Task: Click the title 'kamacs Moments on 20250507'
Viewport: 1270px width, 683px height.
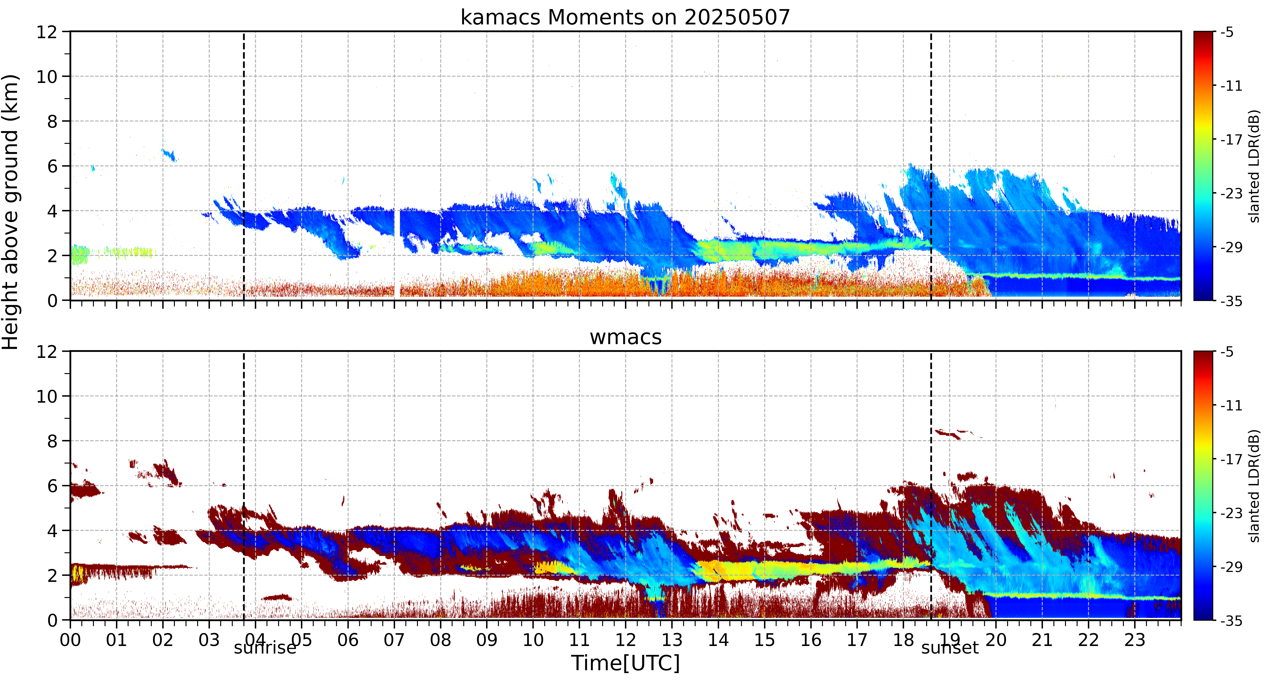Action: pyautogui.click(x=625, y=17)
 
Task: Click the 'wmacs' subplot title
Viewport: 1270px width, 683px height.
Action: pyautogui.click(x=626, y=337)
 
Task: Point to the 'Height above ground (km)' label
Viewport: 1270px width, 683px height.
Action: pyautogui.click(x=11, y=212)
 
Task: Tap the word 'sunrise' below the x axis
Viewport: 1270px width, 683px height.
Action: pyautogui.click(x=265, y=647)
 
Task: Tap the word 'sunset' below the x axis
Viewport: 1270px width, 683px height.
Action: pyautogui.click(x=950, y=647)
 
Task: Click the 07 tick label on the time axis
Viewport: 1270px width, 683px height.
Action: pyautogui.click(x=394, y=640)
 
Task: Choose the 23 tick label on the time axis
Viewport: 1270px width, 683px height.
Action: pyautogui.click(x=1134, y=640)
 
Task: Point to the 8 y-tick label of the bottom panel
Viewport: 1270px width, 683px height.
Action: pyautogui.click(x=52, y=441)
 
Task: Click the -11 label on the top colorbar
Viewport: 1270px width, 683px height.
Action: pyautogui.click(x=1231, y=86)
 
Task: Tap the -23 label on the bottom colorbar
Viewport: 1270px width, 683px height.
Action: pyautogui.click(x=1231, y=513)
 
